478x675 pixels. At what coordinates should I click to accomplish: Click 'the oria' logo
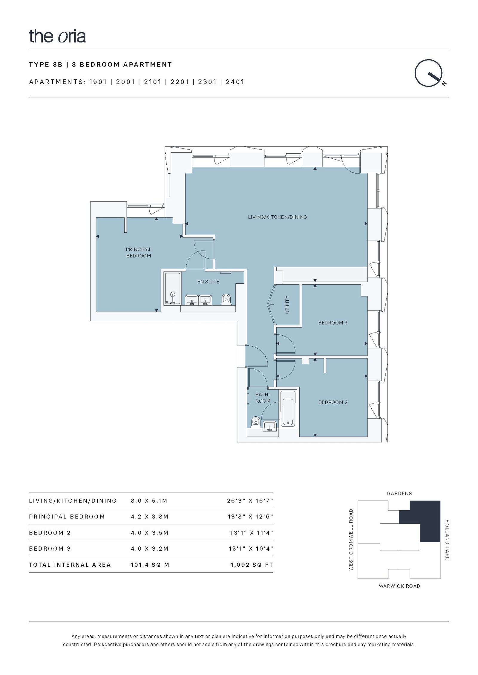point(57,36)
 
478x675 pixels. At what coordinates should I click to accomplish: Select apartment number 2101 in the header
point(153,82)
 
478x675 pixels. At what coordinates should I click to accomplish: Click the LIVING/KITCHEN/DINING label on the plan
point(277,217)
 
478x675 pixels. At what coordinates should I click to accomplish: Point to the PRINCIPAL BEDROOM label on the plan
point(139,252)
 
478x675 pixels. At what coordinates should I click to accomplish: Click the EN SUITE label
point(208,282)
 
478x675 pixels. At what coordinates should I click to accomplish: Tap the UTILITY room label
point(287,305)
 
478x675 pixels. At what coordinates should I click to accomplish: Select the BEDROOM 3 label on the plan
point(333,323)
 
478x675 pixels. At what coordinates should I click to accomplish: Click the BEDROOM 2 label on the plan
point(333,402)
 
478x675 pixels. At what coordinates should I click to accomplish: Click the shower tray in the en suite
point(173,288)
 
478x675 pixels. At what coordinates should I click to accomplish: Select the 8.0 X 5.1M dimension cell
point(149,501)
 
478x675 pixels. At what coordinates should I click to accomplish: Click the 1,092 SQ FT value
point(252,565)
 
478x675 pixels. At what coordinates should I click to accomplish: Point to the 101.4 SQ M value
point(150,565)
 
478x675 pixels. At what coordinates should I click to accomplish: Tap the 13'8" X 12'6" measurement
point(250,517)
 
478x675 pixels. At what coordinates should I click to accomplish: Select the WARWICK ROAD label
point(399,586)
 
